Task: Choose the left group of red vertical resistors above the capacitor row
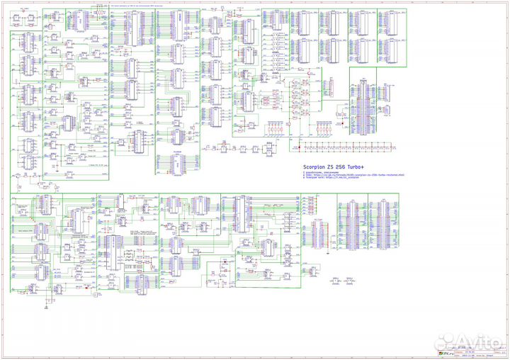[x=276, y=128]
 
